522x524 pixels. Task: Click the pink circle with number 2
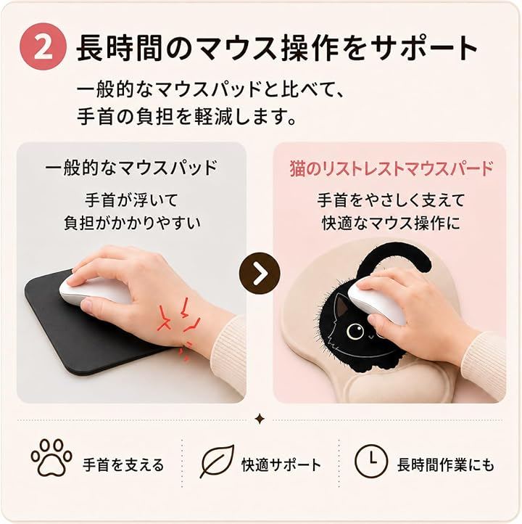[x=43, y=46]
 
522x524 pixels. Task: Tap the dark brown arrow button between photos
[x=260, y=274]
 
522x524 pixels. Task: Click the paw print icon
[x=51, y=457]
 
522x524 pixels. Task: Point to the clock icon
[x=370, y=461]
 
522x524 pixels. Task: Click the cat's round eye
[x=355, y=331]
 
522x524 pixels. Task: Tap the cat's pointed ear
[x=341, y=305]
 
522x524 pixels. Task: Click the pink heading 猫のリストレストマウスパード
[x=391, y=168]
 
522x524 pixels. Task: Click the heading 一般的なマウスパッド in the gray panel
[x=131, y=168]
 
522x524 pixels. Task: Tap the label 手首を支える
[x=123, y=464]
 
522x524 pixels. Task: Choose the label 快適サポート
[x=281, y=464]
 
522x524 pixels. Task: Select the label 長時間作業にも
[x=446, y=464]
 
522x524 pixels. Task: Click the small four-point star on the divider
[x=260, y=419]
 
